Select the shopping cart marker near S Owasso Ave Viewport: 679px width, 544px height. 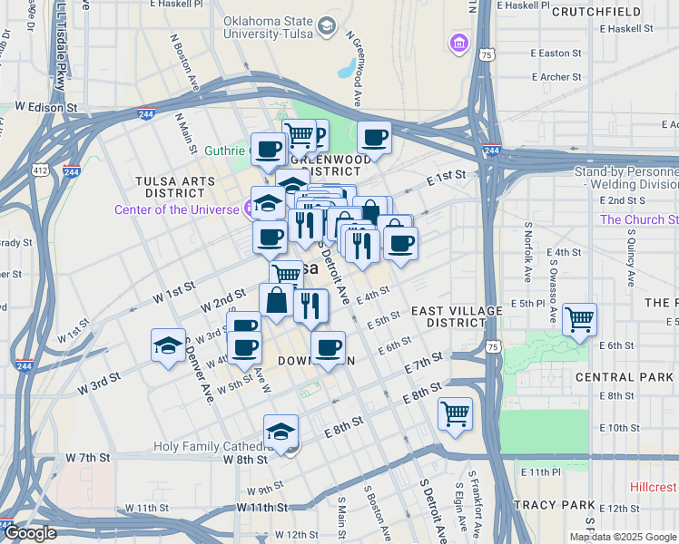tap(579, 319)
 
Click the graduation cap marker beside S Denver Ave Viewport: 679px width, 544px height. tap(168, 345)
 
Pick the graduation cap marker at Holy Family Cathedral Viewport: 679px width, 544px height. tap(281, 432)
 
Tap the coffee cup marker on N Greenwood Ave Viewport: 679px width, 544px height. tap(374, 138)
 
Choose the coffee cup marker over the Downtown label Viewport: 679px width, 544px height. tap(329, 346)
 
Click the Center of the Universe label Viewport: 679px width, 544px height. tap(176, 210)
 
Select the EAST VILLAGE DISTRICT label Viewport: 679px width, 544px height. tap(457, 316)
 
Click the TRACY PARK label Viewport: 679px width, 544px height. tap(553, 505)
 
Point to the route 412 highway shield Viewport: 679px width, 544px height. tap(42, 170)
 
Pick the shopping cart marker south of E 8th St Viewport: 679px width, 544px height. tap(455, 413)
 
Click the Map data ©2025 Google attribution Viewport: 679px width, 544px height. tap(623, 537)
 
